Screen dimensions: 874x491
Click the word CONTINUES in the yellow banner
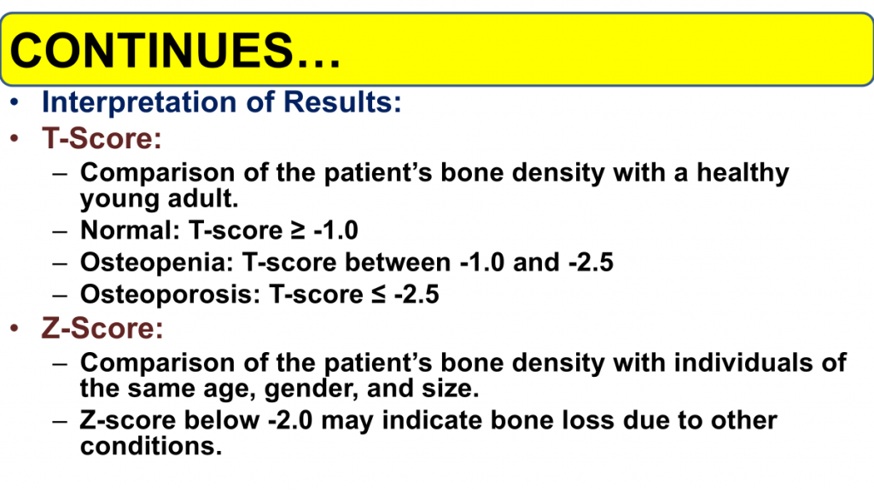click(151, 50)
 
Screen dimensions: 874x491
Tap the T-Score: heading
click(102, 138)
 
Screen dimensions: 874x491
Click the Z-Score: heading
click(102, 328)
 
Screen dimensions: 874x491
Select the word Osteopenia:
click(157, 263)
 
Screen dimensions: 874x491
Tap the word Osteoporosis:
click(170, 294)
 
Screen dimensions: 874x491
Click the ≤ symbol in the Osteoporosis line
click(378, 294)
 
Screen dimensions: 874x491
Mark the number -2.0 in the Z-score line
click(290, 420)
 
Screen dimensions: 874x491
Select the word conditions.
click(150, 446)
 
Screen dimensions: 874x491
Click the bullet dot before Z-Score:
click(15, 328)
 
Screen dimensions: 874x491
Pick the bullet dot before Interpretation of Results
click(15, 102)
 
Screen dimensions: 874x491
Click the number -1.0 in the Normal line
click(335, 230)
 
